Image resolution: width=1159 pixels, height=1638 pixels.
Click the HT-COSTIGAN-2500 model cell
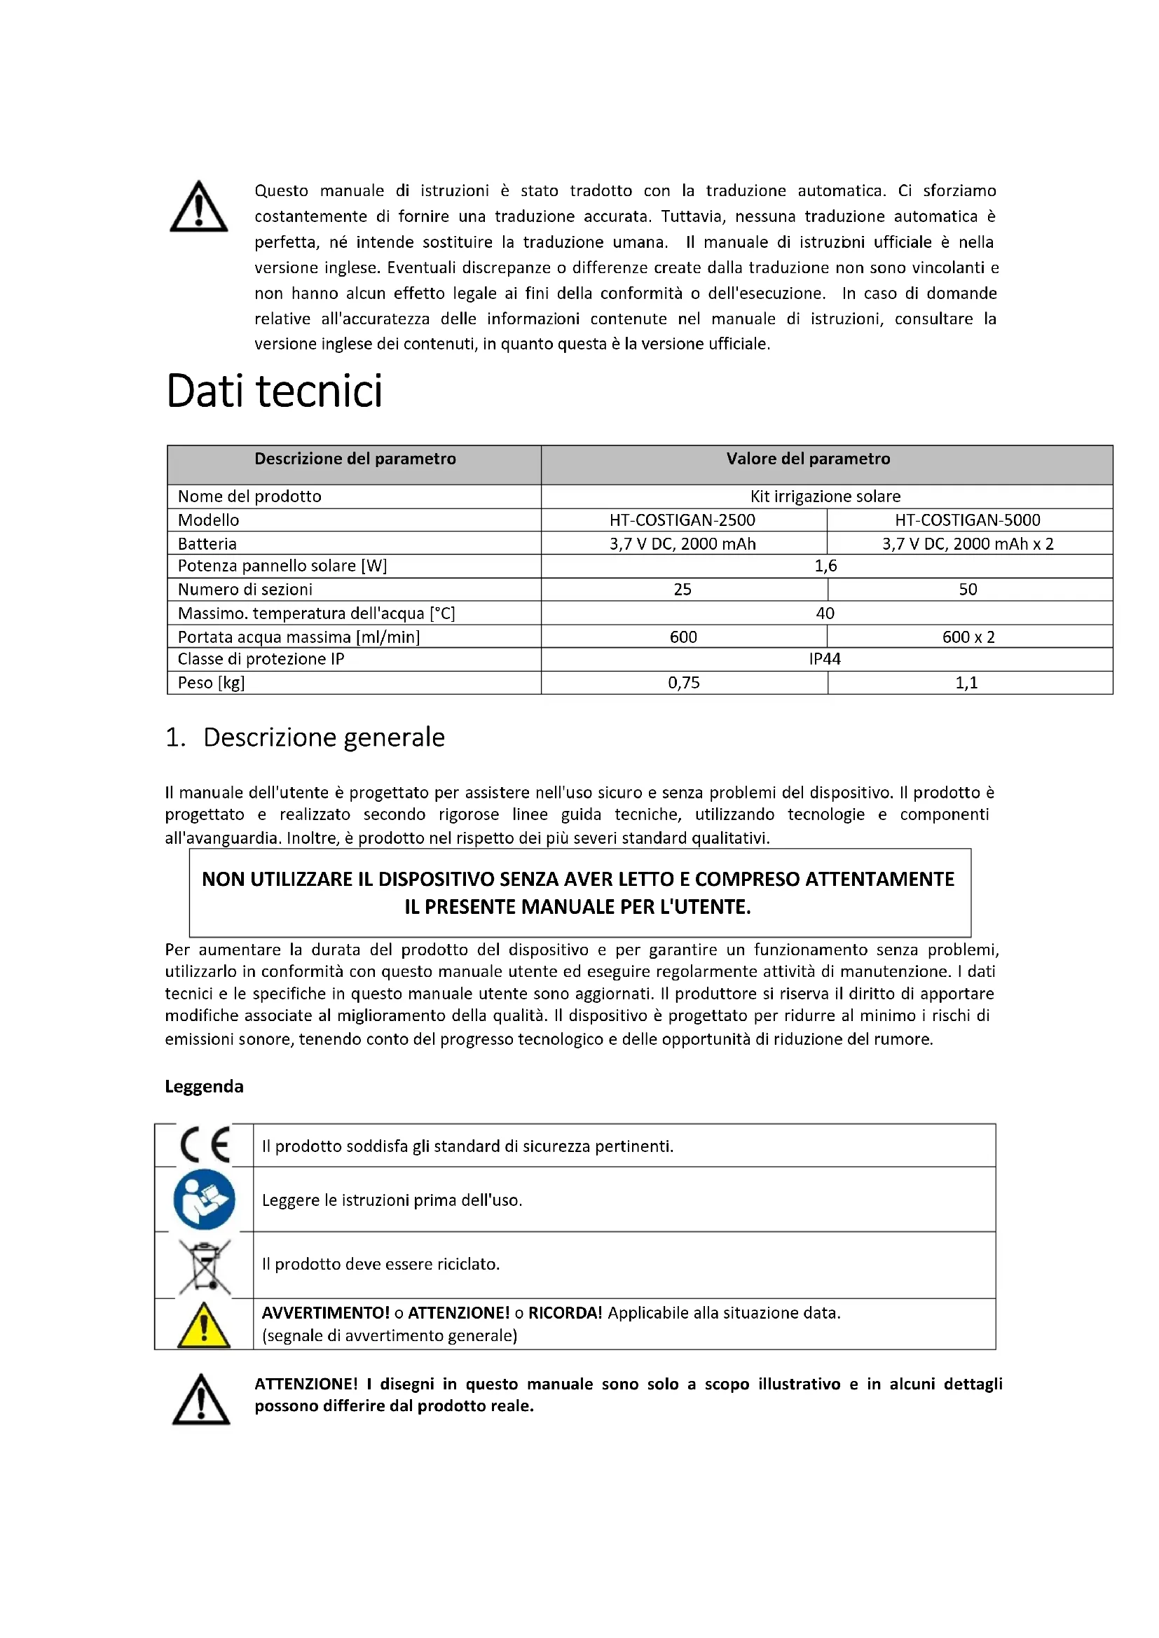pos(683,520)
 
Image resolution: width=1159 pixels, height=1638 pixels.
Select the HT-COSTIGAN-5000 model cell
pos(968,520)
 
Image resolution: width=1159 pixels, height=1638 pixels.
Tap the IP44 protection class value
pos(825,659)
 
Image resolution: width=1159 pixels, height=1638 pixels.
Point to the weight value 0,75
pos(684,683)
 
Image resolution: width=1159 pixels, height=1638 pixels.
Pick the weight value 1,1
pos(967,683)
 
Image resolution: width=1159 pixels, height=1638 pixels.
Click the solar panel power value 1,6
pos(825,566)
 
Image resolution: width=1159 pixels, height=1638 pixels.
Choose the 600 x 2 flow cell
pos(968,637)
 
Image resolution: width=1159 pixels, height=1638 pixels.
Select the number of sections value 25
pos(683,589)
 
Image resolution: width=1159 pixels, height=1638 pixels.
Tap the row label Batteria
pos(207,543)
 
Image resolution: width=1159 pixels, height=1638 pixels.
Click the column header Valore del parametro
pos(808,459)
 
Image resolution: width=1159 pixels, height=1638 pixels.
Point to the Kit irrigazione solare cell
pos(825,497)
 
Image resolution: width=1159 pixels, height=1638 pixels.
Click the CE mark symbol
pos(205,1145)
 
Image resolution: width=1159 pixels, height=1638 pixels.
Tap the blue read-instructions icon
pos(204,1199)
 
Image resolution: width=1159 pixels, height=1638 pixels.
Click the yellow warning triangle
pos(204,1326)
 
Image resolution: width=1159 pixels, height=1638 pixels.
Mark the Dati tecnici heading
pos(275,391)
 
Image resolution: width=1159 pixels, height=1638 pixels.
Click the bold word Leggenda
pos(204,1087)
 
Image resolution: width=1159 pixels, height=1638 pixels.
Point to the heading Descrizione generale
pos(323,737)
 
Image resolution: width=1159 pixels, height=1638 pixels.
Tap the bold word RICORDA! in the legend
pos(565,1313)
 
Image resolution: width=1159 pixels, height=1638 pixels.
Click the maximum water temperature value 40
pos(825,613)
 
